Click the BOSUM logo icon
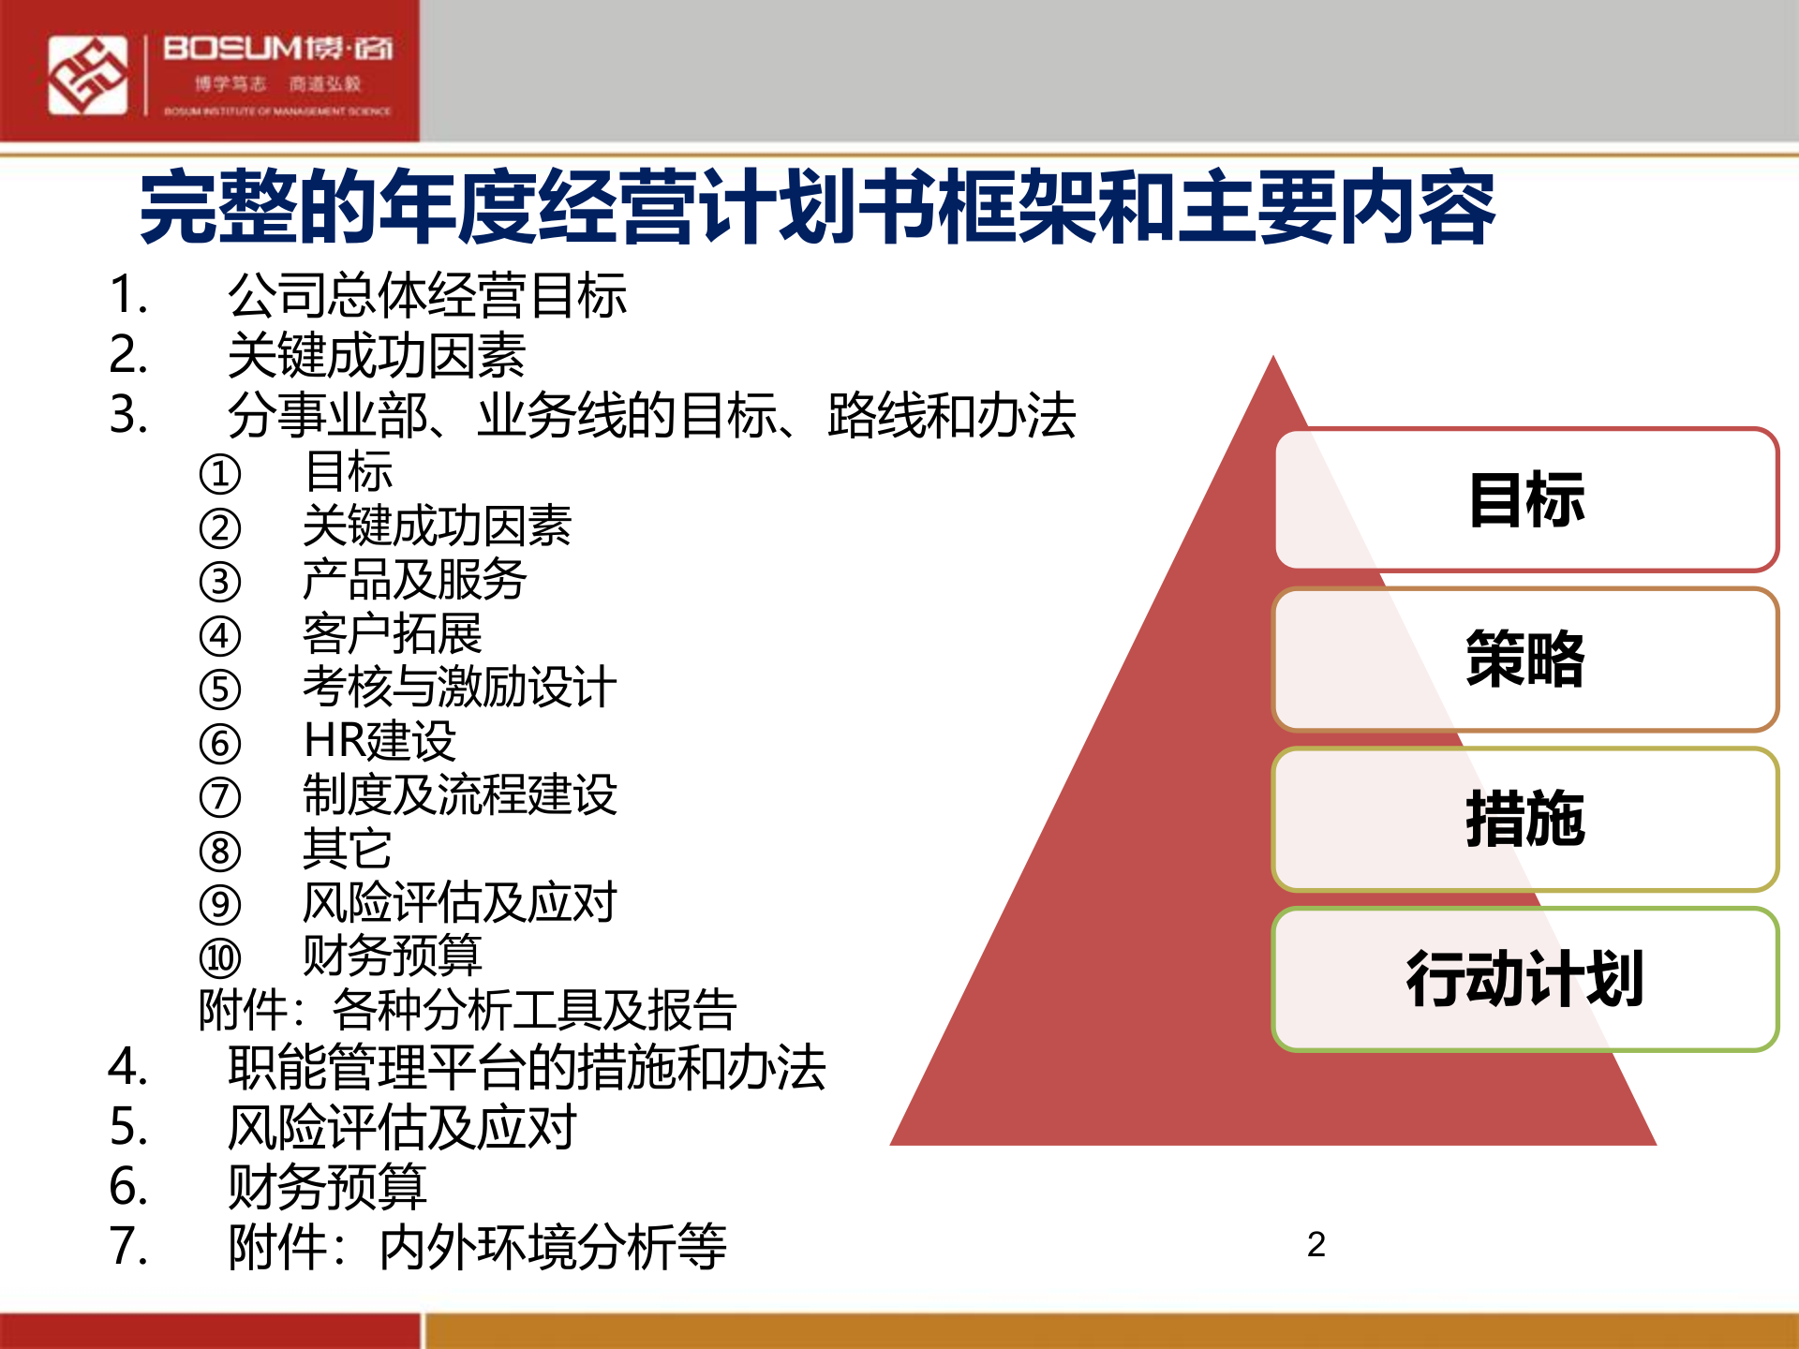[88, 75]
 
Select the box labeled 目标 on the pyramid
[1525, 499]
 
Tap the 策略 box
[1525, 660]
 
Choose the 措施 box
[1525, 820]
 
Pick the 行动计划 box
[1525, 980]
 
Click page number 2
[1316, 1245]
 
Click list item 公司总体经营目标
[426, 295]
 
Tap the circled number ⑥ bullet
[220, 744]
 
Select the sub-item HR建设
[379, 741]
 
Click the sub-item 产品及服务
[414, 580]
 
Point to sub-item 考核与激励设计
[459, 688]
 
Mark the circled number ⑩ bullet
[220, 958]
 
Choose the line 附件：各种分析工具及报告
[468, 1010]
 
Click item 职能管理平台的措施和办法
[527, 1068]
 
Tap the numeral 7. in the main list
[128, 1247]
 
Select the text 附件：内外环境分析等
[478, 1248]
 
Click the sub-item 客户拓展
[392, 634]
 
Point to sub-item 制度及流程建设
[459, 795]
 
